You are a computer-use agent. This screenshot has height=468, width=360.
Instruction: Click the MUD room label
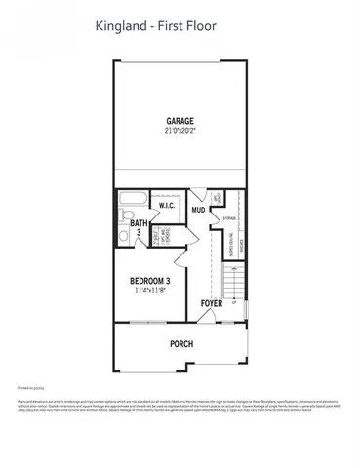pos(197,210)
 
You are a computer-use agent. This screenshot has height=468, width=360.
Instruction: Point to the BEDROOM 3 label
pos(151,282)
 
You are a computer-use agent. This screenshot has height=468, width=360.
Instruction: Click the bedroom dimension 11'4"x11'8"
pos(151,292)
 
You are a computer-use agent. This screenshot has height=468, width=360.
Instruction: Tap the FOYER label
pos(212,303)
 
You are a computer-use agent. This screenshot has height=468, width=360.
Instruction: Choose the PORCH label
pos(181,343)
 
